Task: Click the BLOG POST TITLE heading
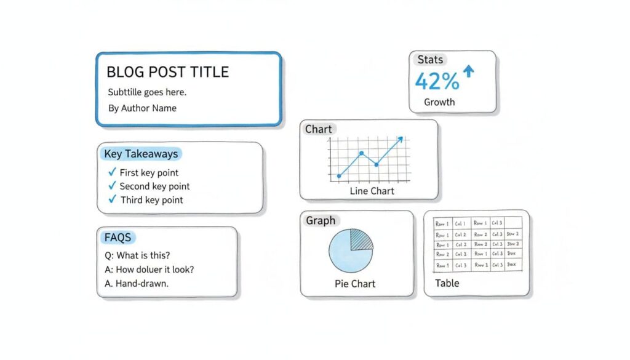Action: coord(167,72)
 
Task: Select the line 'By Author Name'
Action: coord(142,108)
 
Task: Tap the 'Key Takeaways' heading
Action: coord(141,154)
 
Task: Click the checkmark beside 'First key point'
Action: coord(112,172)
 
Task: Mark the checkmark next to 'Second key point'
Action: coord(112,186)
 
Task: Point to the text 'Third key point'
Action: coord(151,200)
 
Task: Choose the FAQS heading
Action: coord(118,238)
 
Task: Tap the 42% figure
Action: coord(437,81)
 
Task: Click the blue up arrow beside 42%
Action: coord(469,72)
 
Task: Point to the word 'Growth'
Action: coord(439,102)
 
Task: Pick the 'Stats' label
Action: coord(430,60)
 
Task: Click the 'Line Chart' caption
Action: coord(372,191)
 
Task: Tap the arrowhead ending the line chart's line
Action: coord(401,139)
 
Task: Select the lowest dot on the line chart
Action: coord(338,177)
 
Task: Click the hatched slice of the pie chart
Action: coord(361,239)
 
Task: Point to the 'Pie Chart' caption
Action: coord(355,284)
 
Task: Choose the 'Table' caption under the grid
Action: coord(447,283)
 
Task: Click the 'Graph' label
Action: coord(321,220)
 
